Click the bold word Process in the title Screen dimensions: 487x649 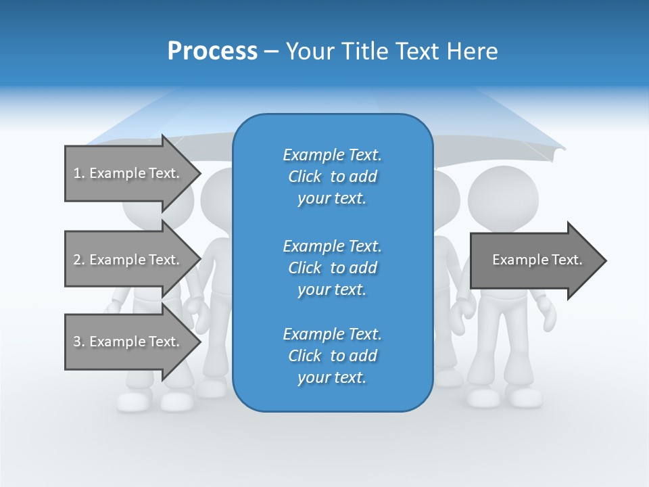click(x=212, y=51)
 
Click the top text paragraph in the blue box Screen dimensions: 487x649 click(x=332, y=177)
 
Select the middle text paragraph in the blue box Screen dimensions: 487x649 click(x=332, y=267)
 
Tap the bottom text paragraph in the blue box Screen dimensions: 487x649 click(x=332, y=355)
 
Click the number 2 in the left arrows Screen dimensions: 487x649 click(x=77, y=260)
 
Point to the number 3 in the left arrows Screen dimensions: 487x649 click(x=77, y=342)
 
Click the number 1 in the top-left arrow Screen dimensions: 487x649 click(x=76, y=173)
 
